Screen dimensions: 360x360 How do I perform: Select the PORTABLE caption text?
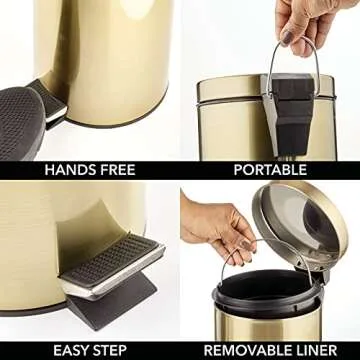click(x=269, y=170)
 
